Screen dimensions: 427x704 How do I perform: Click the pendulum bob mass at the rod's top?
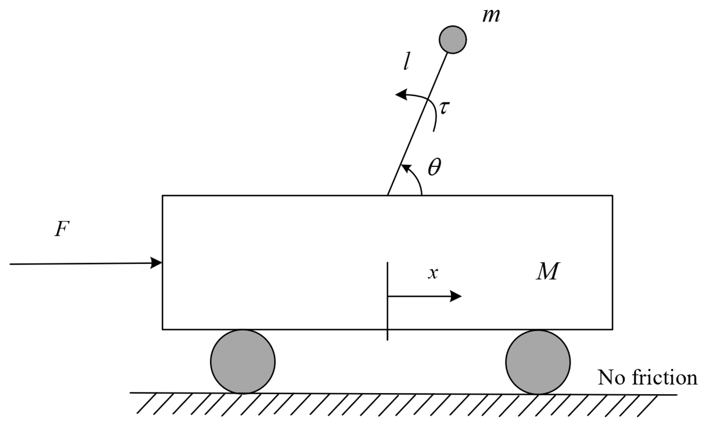point(452,39)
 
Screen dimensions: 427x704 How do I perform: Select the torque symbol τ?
point(444,108)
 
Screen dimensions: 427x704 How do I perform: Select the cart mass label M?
point(547,271)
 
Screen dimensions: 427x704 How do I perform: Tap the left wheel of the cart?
point(243,361)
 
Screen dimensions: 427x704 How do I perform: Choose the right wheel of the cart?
point(538,362)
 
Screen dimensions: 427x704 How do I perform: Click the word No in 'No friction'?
point(611,378)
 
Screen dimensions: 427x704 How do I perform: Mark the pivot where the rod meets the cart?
point(388,195)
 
